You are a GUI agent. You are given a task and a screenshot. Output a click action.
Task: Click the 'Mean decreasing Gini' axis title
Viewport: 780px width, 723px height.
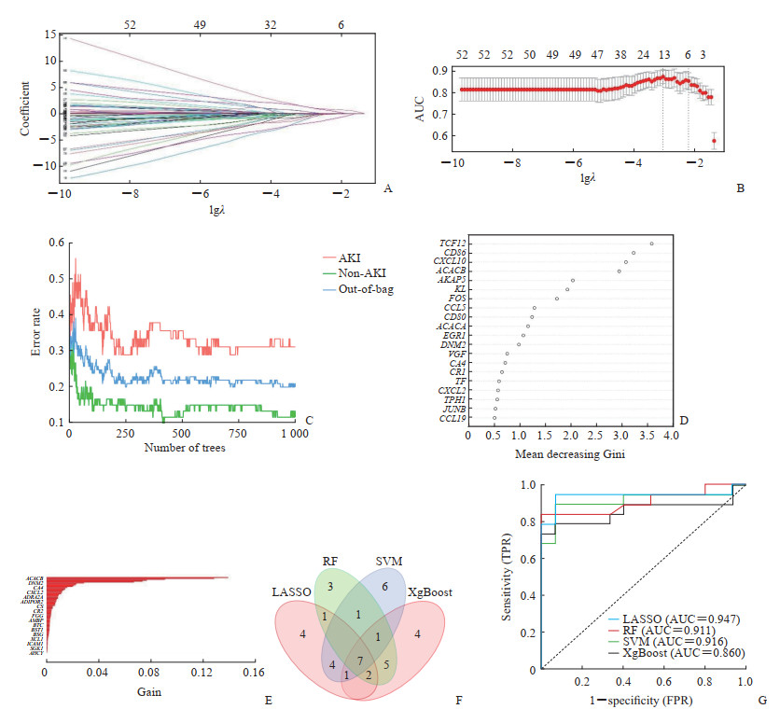tap(570, 455)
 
